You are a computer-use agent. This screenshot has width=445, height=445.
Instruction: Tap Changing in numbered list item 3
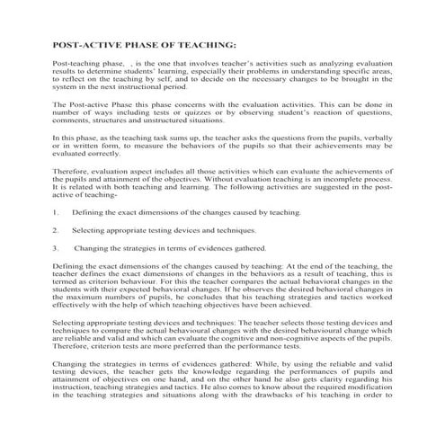(93, 248)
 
